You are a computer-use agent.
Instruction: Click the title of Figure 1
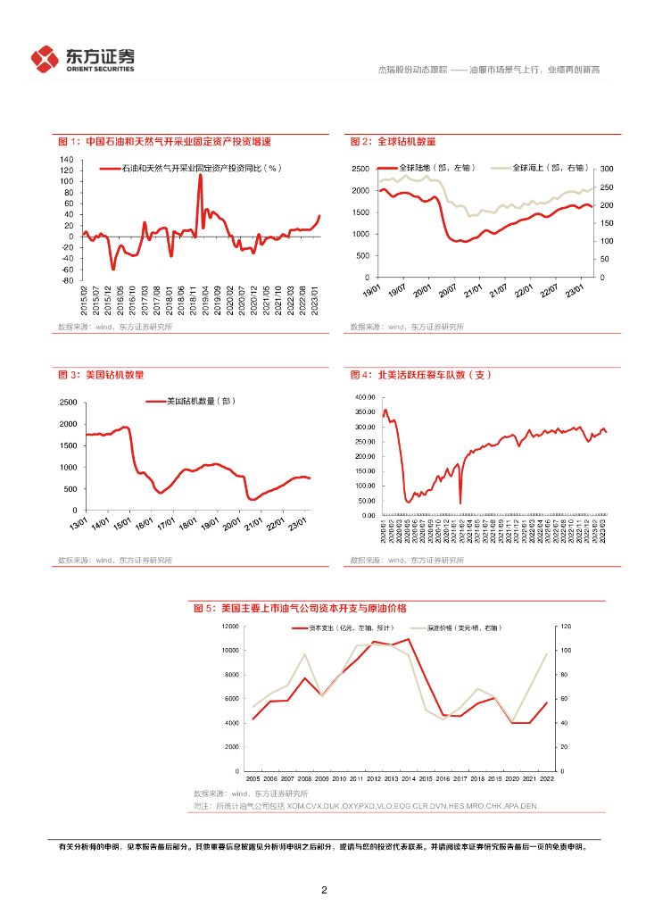pos(163,142)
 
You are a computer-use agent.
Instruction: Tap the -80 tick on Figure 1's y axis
pos(67,280)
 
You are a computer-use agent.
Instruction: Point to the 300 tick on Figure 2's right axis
pos(605,169)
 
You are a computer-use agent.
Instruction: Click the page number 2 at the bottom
pos(324,890)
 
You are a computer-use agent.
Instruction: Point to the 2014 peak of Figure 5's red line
pos(409,639)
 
